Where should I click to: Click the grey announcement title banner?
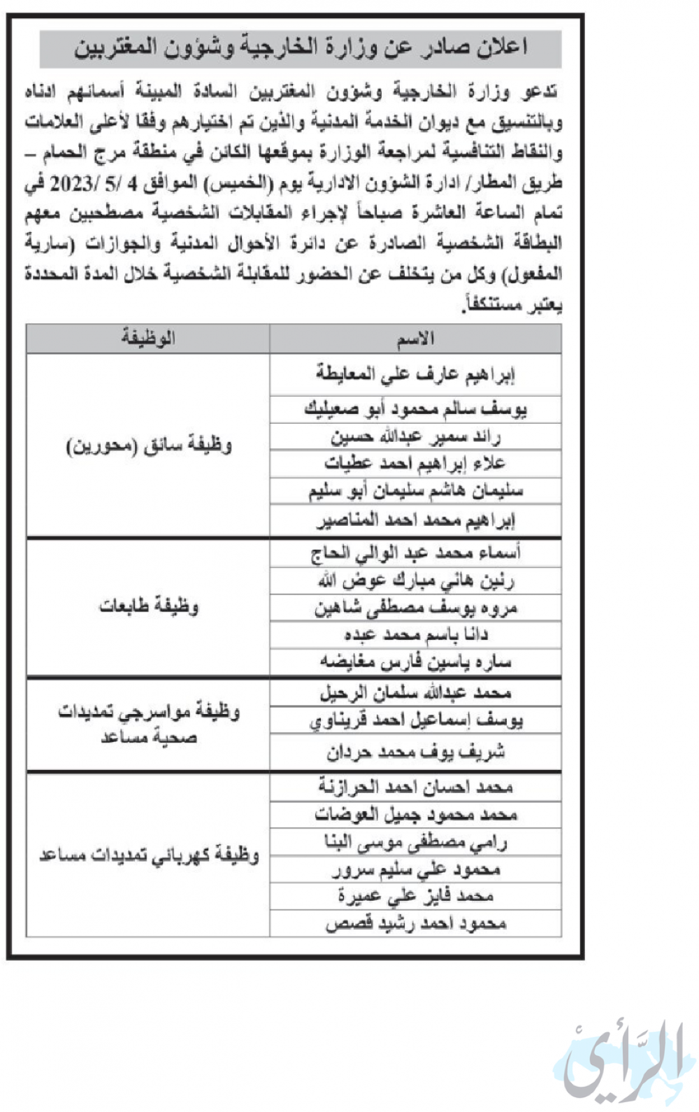click(301, 48)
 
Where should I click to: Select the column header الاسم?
click(415, 339)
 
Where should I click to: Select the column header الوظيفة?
click(148, 339)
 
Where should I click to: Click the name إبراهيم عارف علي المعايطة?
click(415, 375)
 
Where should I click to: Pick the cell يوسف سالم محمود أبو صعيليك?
click(415, 409)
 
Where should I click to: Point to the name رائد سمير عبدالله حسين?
click(415, 437)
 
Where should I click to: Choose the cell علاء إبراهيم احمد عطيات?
click(415, 464)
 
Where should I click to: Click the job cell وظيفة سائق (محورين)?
click(148, 445)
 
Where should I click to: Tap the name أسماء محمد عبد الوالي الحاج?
click(415, 553)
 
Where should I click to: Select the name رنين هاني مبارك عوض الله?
click(415, 580)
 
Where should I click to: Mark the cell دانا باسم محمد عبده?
click(415, 635)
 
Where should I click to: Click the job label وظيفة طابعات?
click(148, 606)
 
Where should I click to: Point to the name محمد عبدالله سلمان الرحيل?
click(415, 693)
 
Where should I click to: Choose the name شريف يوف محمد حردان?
click(415, 753)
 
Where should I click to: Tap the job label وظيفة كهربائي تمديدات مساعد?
click(148, 855)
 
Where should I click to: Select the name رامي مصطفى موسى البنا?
click(415, 843)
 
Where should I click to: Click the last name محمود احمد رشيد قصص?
click(415, 924)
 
